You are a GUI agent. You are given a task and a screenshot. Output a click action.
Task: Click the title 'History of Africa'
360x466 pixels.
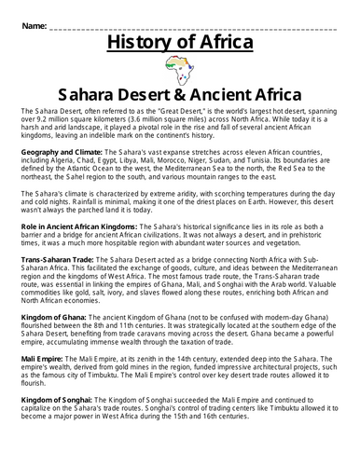[x=180, y=43]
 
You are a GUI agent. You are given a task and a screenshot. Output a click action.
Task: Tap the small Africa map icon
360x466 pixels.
[x=179, y=69]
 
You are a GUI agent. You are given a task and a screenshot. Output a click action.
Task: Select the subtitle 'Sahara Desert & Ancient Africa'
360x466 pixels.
[x=180, y=94]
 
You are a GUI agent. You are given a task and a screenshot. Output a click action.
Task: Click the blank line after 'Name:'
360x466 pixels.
[x=187, y=21]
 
